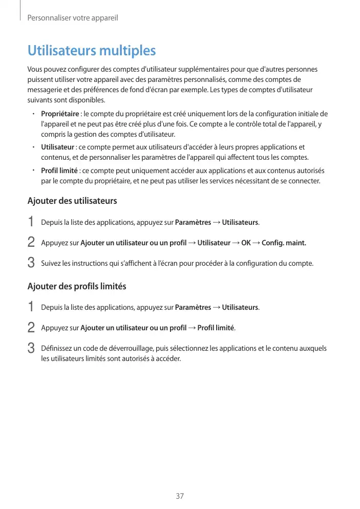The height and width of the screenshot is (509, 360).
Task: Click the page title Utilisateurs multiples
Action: pyautogui.click(x=91, y=51)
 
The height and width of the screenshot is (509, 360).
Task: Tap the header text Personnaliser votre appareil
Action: pyautogui.click(x=72, y=18)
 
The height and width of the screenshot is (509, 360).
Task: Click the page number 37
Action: pyautogui.click(x=180, y=496)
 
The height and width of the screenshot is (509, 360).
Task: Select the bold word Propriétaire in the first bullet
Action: pyautogui.click(x=59, y=114)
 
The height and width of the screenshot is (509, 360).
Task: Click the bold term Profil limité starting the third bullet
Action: pyautogui.click(x=59, y=171)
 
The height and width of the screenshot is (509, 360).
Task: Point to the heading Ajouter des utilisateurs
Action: pyautogui.click(x=72, y=201)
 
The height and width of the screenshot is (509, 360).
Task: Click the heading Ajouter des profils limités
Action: pyautogui.click(x=76, y=286)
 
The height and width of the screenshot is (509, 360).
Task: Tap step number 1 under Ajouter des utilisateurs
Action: pyautogui.click(x=31, y=222)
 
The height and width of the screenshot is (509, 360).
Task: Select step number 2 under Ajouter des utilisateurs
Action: pyautogui.click(x=31, y=243)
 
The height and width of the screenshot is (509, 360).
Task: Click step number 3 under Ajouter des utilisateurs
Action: pyautogui.click(x=31, y=264)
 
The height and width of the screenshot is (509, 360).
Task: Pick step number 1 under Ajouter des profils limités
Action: pyautogui.click(x=31, y=307)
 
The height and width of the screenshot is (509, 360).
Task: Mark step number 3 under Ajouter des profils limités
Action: pyautogui.click(x=31, y=349)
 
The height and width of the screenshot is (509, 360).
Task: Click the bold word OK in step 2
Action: pyautogui.click(x=246, y=243)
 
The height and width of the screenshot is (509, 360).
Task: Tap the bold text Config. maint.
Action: pyautogui.click(x=284, y=243)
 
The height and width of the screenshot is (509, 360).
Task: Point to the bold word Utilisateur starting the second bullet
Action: pyautogui.click(x=57, y=147)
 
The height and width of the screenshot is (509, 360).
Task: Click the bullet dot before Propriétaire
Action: pyautogui.click(x=32, y=114)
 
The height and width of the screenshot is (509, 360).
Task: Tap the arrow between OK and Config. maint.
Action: pyautogui.click(x=256, y=243)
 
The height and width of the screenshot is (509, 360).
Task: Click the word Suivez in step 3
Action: pyautogui.click(x=50, y=264)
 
